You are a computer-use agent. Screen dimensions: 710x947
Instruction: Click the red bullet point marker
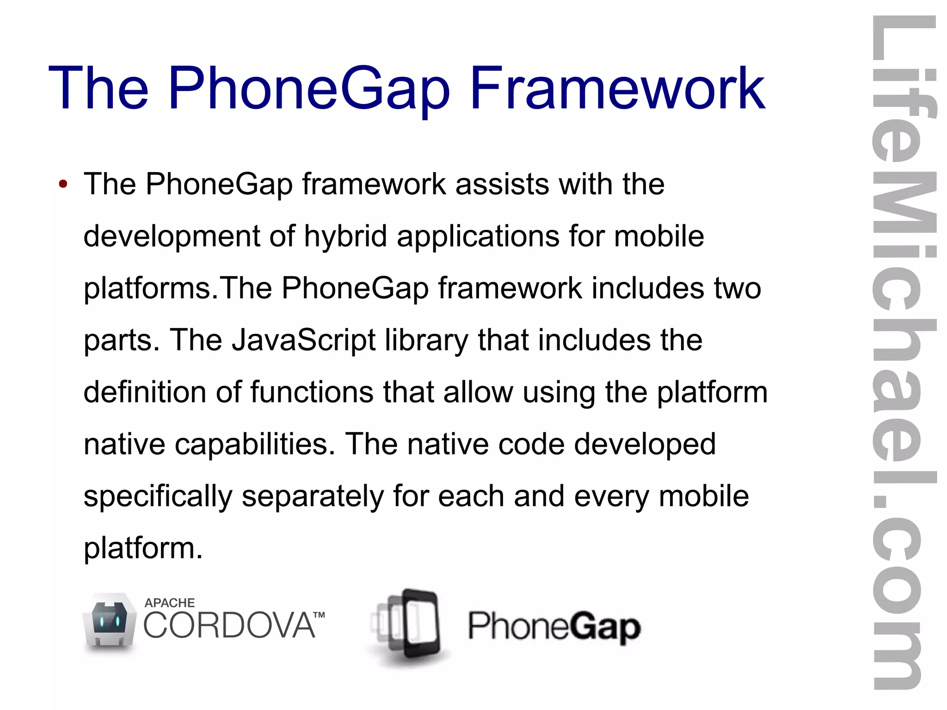pos(63,185)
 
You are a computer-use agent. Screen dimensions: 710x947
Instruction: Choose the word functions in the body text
pos(312,392)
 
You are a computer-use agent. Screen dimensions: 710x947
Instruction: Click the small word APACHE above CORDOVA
pos(169,603)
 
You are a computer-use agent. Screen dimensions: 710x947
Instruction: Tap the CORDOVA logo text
pos(229,625)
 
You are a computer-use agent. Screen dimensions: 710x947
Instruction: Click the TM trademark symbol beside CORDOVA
pos(319,615)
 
